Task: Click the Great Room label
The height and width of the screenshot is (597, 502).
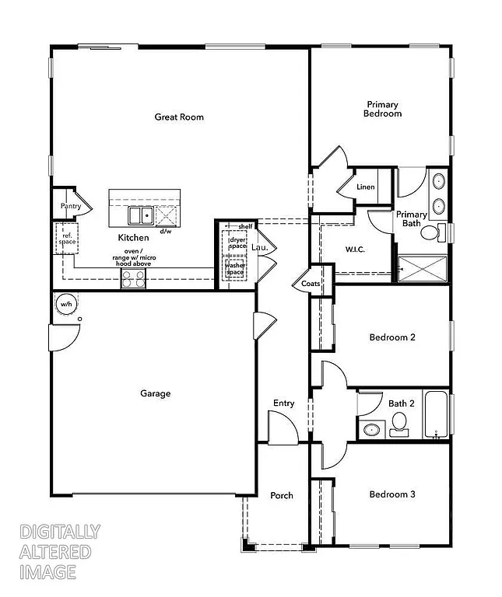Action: tap(179, 117)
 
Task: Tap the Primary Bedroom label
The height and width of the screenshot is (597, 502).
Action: tap(382, 109)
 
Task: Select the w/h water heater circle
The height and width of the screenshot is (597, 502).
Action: tap(66, 304)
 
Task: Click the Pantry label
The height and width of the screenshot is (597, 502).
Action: tap(71, 207)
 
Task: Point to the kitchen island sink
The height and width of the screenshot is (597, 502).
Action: tap(140, 215)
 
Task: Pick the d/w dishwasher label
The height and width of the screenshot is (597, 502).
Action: tap(166, 231)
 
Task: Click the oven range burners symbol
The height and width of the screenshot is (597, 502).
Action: tap(134, 279)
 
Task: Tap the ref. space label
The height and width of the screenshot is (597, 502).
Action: tap(68, 238)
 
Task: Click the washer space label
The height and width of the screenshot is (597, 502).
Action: tap(236, 269)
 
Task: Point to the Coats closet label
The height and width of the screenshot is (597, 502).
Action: tap(311, 285)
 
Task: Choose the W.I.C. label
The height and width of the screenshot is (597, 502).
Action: tap(355, 250)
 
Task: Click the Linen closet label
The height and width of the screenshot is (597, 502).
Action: tap(365, 187)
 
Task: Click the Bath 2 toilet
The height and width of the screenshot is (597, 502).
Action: tap(399, 422)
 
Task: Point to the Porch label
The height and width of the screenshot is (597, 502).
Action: tap(281, 495)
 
